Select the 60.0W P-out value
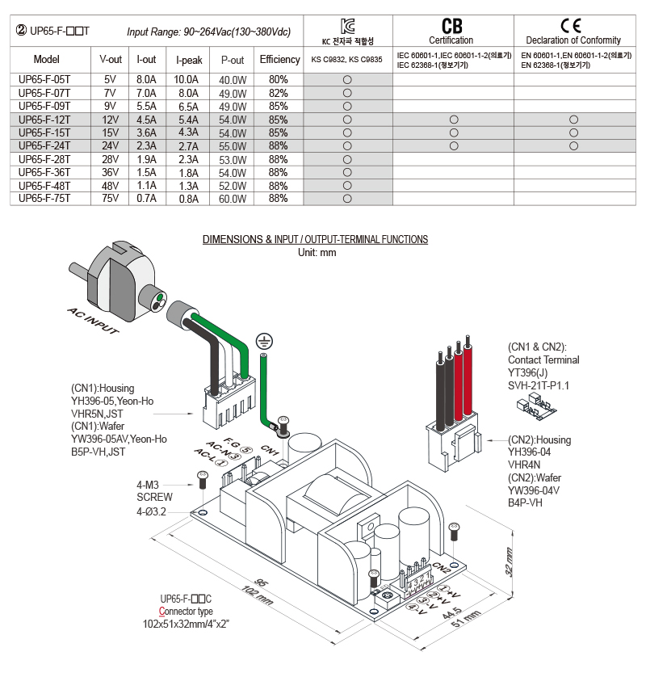[233, 198]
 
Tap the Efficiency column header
[279, 60]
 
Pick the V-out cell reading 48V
[110, 185]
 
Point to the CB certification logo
[452, 26]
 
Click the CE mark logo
[573, 25]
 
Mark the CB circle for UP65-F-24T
[453, 145]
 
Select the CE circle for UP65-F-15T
[573, 132]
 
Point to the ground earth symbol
[262, 342]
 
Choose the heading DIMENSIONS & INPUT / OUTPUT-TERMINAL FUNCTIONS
[315, 239]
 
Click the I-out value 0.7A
[146, 198]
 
